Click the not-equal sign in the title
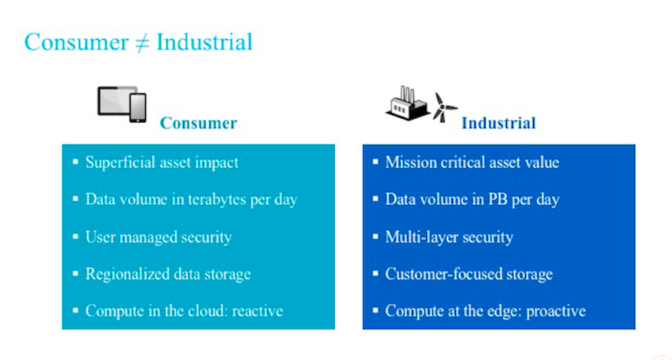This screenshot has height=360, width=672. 142,43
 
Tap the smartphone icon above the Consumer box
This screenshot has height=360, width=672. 138,107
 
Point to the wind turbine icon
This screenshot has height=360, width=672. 444,107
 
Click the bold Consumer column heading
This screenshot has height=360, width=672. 198,123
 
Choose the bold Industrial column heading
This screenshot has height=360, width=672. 498,123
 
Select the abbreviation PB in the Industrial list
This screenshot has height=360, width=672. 498,200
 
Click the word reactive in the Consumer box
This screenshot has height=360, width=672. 257,311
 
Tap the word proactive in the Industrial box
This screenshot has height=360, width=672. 556,312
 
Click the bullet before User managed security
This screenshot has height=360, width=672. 76,236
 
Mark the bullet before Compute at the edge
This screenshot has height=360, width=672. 376,311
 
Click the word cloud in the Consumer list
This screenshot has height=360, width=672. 210,311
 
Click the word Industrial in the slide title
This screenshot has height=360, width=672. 204,42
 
